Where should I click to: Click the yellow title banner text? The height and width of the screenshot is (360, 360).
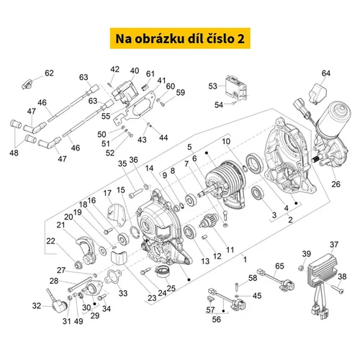tap(180, 39)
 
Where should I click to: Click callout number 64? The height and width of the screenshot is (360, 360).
tap(326, 73)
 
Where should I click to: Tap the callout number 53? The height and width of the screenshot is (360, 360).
tap(212, 86)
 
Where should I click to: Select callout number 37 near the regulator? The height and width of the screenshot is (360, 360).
tap(334, 245)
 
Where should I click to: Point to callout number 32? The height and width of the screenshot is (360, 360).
tap(37, 306)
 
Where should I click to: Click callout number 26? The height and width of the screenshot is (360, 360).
tap(336, 184)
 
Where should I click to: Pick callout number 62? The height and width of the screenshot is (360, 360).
tap(49, 73)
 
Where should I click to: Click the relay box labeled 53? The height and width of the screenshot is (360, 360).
tap(235, 86)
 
